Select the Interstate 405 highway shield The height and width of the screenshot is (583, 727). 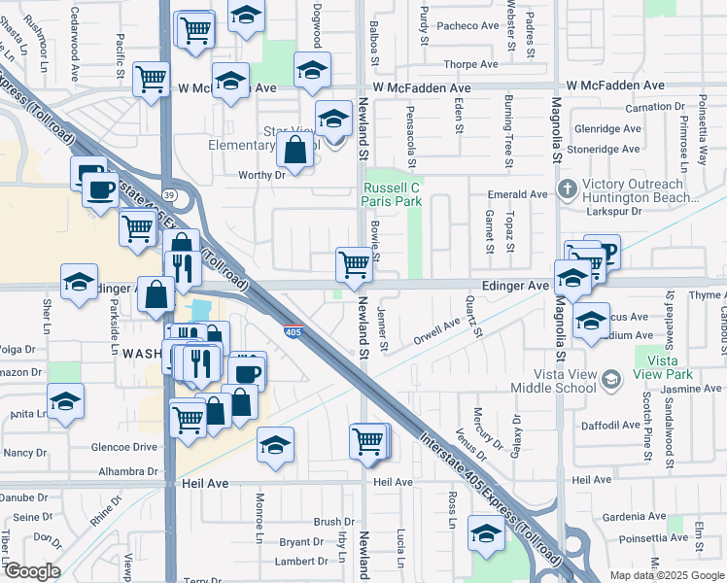point(294,331)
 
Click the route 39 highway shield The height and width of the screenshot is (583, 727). point(168,194)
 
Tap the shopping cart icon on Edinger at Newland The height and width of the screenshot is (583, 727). point(355,264)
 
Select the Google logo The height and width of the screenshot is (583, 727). point(32,571)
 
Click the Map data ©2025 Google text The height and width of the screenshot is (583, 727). point(666,575)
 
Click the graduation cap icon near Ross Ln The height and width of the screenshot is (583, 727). point(486,532)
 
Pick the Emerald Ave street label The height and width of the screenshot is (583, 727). point(518,194)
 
